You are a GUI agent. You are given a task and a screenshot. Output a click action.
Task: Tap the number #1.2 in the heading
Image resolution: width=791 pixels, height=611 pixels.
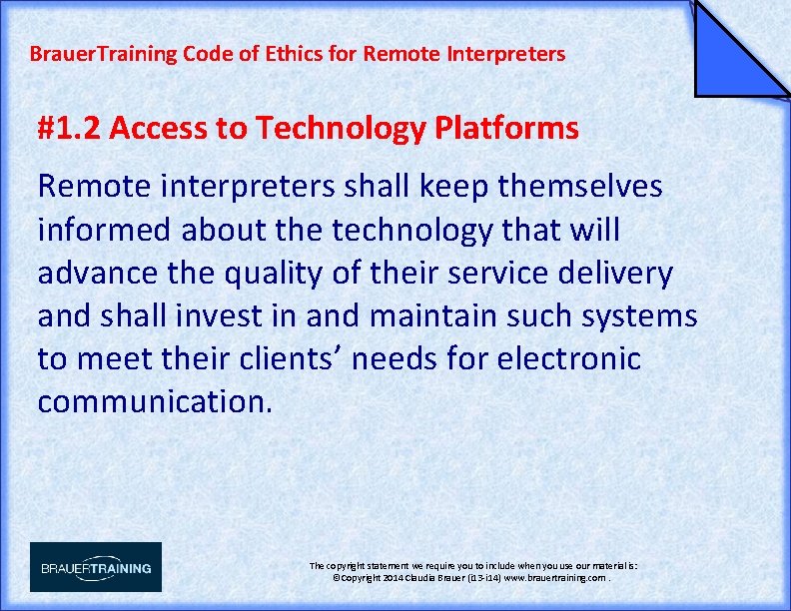[69, 129]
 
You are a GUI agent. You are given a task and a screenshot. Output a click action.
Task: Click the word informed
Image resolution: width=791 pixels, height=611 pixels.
[105, 230]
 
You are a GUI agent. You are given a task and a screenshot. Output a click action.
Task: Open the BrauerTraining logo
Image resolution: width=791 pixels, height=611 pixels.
[96, 567]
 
